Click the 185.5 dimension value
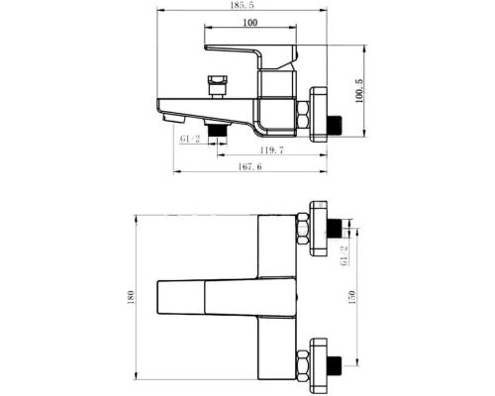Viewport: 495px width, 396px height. tap(243, 5)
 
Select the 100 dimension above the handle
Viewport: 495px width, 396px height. tap(250, 23)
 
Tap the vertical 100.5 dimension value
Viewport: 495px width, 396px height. tap(359, 91)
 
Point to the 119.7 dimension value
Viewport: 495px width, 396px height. tap(271, 150)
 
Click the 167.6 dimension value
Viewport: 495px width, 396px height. tap(249, 166)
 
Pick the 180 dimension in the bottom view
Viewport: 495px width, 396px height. tap(131, 297)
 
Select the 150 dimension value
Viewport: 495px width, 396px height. tap(352, 297)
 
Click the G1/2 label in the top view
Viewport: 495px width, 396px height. tap(190, 139)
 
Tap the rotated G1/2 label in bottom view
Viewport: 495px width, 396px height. tap(345, 255)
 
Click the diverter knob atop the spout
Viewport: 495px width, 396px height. tap(217, 87)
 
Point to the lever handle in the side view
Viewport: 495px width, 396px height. tap(250, 56)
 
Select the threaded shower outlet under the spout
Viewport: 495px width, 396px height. tap(216, 130)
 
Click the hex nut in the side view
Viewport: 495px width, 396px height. tap(303, 115)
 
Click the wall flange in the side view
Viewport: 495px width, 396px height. tap(319, 115)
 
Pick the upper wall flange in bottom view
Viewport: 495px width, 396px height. tap(319, 229)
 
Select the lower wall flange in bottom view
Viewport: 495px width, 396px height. tap(319, 365)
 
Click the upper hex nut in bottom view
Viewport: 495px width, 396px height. tap(303, 229)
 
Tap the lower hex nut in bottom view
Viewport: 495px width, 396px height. tap(303, 365)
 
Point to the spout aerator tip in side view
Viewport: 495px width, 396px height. tap(173, 118)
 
